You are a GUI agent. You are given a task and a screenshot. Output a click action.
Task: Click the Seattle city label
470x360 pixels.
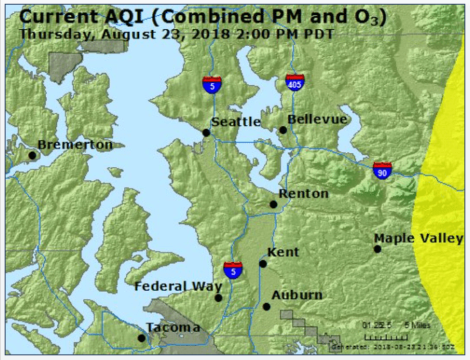coord(236,121)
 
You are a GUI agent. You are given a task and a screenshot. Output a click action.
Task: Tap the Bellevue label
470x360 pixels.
coord(317,119)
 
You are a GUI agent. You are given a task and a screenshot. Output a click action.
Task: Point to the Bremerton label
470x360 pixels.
coord(75,145)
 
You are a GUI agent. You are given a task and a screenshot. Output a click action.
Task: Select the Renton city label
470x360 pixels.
coord(303,193)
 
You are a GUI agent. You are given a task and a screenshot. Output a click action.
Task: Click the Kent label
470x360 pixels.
coord(283,252)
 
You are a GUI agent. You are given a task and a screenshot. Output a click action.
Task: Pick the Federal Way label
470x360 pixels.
coord(178,285)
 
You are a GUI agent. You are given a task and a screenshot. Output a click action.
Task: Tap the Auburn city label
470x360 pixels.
coord(297,295)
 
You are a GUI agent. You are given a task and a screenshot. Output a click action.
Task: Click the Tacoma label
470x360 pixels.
coord(173,327)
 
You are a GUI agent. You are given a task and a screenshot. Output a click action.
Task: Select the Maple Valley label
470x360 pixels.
coord(418,238)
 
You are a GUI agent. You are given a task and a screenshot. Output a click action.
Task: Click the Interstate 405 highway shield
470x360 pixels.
coord(295,84)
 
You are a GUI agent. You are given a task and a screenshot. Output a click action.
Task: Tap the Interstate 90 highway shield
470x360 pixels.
coord(381,170)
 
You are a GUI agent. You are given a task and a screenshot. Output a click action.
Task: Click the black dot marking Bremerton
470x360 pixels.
coord(33,155)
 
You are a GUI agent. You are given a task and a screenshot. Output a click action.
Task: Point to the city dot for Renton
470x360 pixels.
coord(274,203)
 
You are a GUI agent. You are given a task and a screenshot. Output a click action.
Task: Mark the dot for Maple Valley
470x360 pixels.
coord(378,248)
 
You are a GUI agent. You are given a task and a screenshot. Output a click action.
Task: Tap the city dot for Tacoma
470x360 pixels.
coord(142,337)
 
